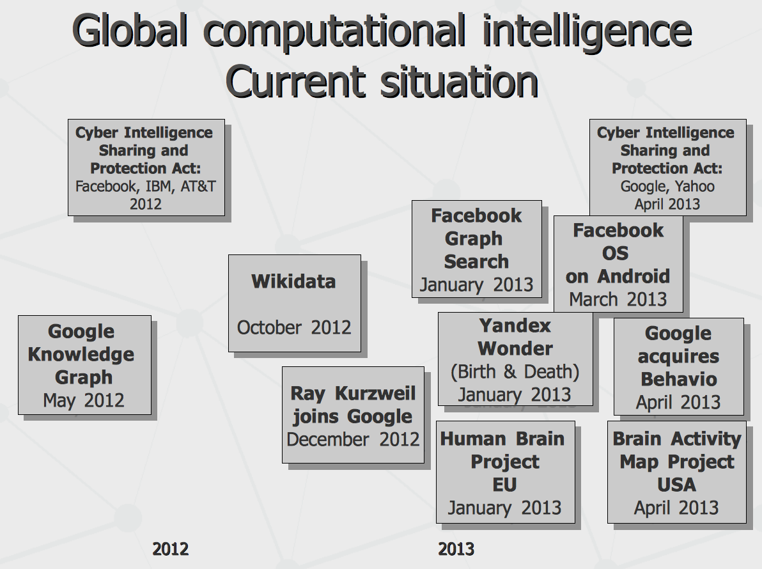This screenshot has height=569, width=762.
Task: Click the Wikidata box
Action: [x=295, y=303]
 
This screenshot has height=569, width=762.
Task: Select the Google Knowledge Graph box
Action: [x=84, y=365]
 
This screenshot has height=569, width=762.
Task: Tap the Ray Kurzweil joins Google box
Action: [x=354, y=415]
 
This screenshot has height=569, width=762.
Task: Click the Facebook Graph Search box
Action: [x=477, y=249]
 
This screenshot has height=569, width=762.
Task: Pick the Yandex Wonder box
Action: [x=515, y=359]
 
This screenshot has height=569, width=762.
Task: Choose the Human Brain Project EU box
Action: [x=506, y=472]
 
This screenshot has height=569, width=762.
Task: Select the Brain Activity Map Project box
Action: [x=677, y=472]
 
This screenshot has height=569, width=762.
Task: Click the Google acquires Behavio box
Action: [x=679, y=367]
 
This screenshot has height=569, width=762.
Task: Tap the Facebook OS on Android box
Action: [x=618, y=264]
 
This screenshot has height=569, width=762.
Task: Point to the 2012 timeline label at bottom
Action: [x=170, y=549]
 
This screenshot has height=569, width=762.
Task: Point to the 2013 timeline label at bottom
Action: [x=456, y=549]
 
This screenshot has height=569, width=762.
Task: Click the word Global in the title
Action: [x=130, y=31]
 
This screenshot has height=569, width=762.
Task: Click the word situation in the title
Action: [x=459, y=82]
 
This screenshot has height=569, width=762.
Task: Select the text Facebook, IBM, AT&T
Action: [x=145, y=186]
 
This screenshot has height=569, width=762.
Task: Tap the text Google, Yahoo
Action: [x=667, y=186]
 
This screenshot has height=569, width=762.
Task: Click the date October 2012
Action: [x=294, y=327]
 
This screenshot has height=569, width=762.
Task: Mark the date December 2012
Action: [x=354, y=439]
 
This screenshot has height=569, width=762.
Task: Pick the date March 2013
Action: [x=618, y=299]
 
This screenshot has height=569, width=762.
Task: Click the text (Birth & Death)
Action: [x=515, y=371]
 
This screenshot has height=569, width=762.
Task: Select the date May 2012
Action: [x=84, y=400]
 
